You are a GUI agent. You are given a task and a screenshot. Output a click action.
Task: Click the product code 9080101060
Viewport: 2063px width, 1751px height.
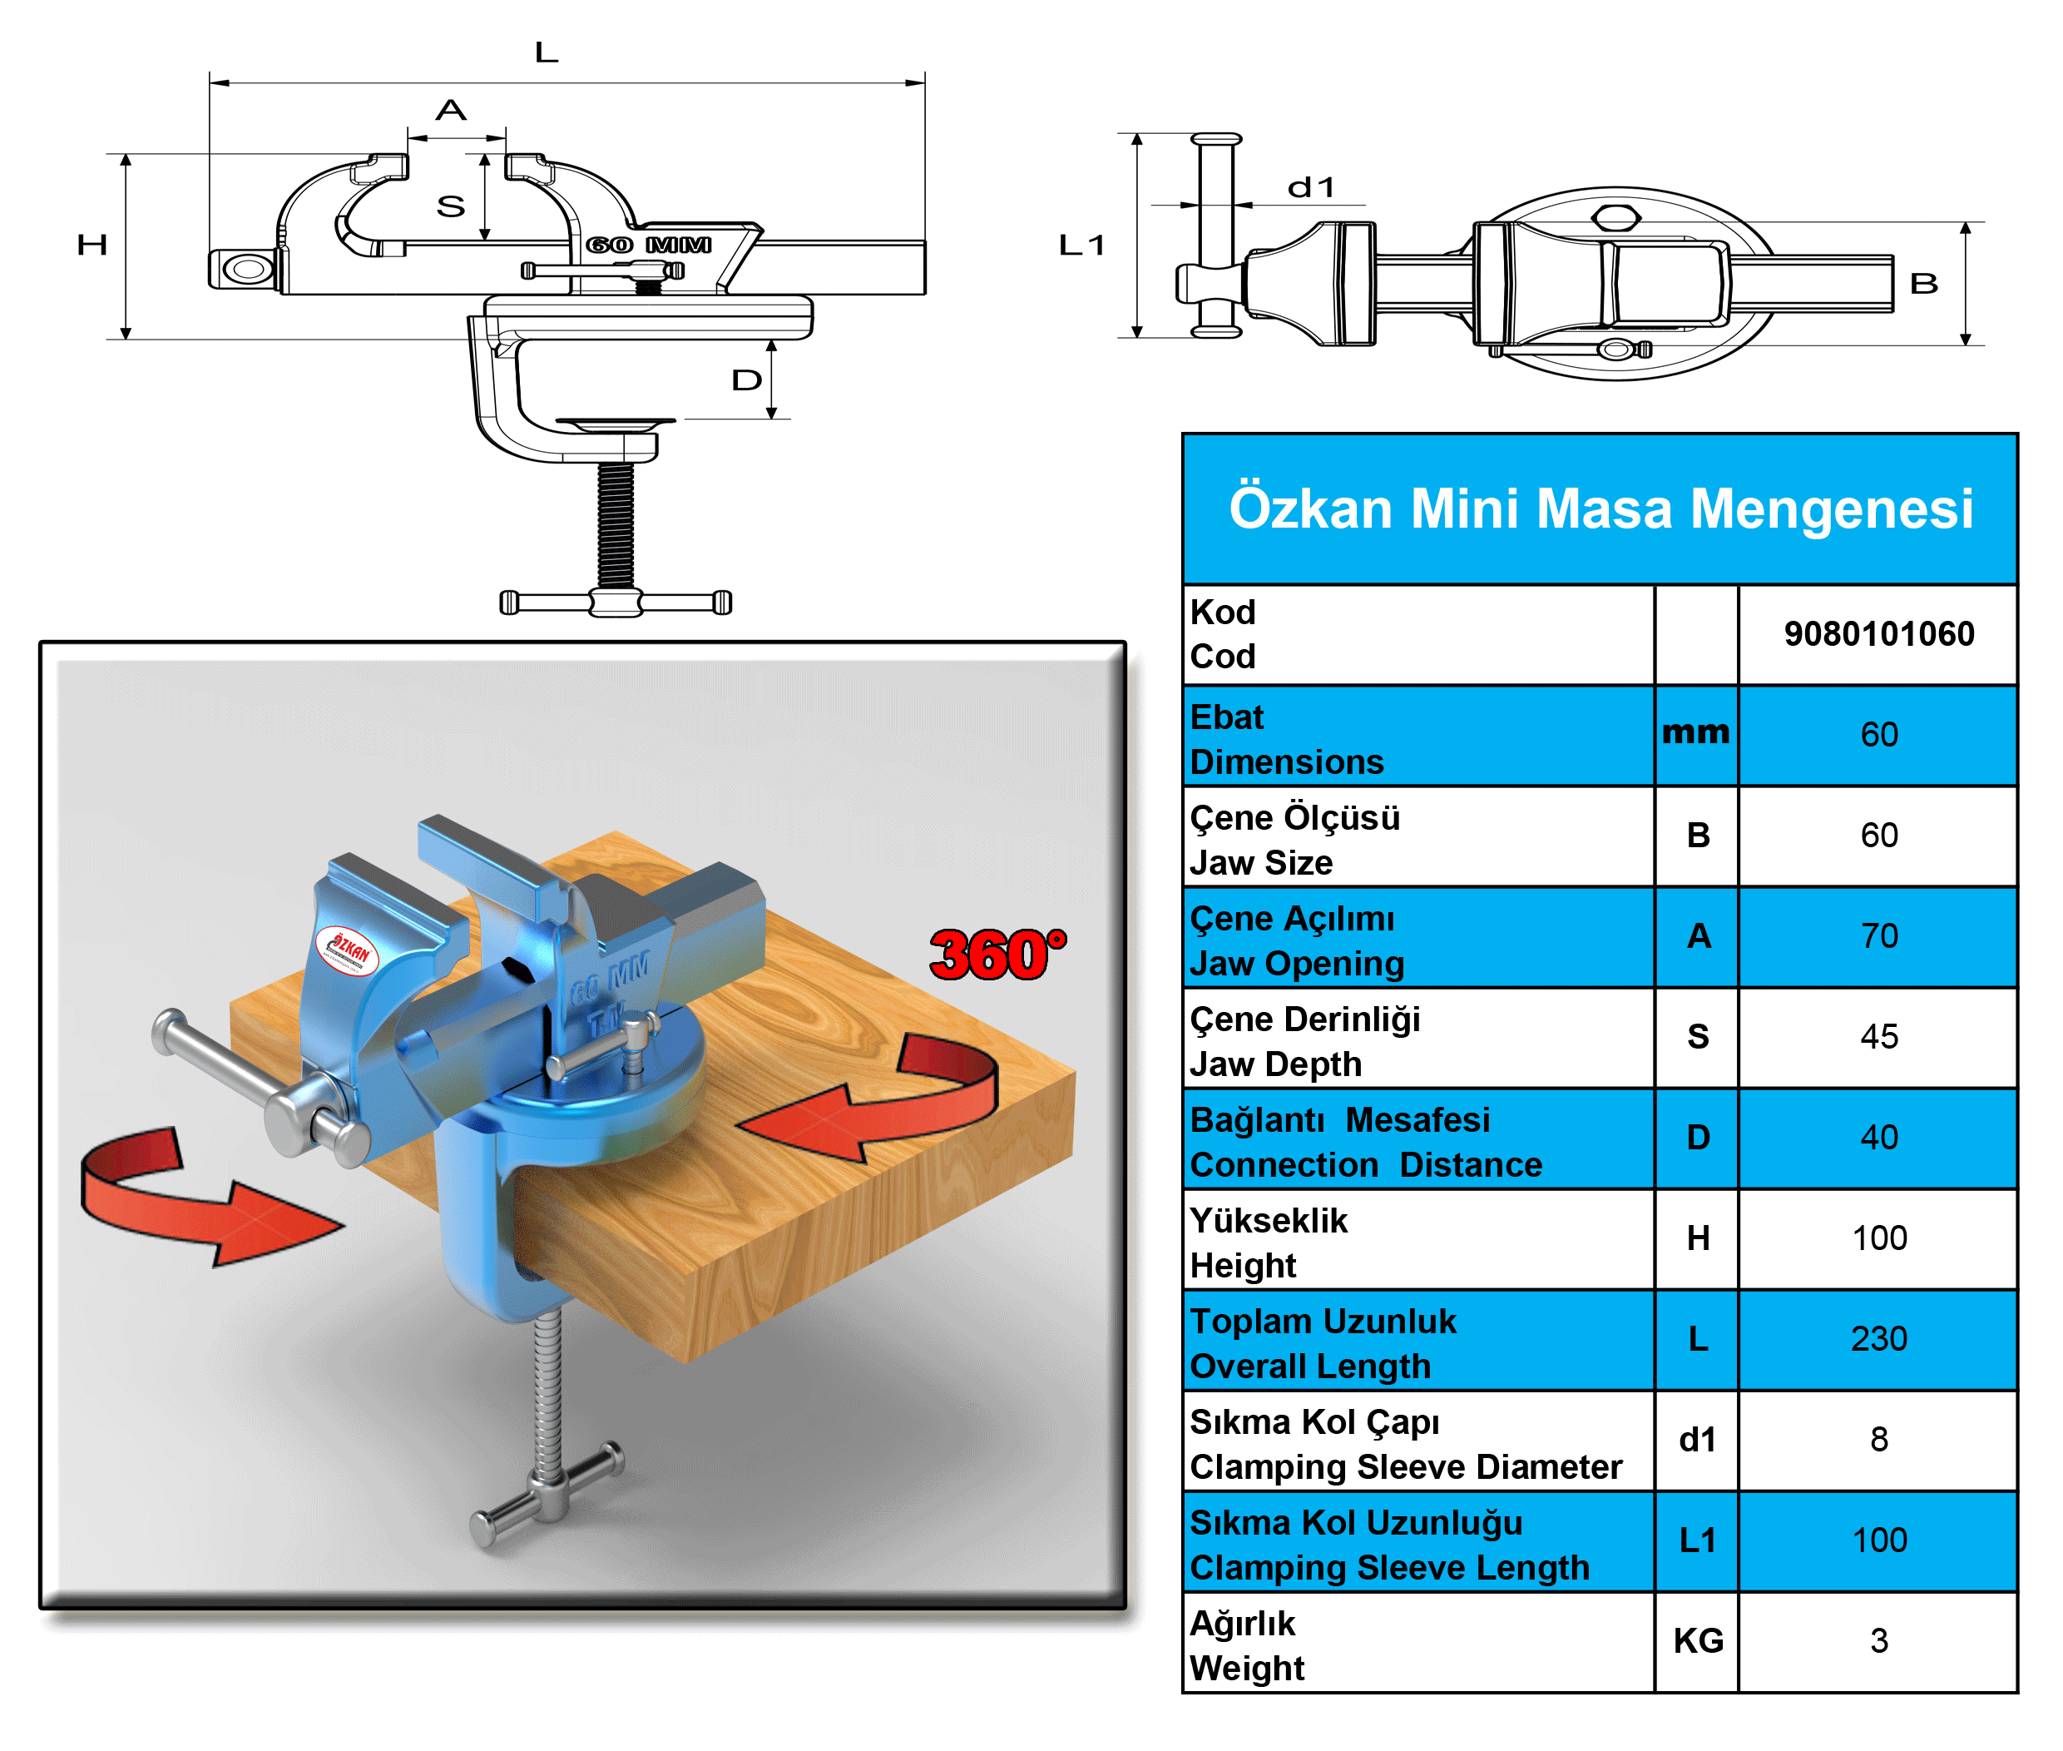click(1877, 633)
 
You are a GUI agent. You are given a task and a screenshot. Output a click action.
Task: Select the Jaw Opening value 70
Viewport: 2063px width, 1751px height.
click(1877, 935)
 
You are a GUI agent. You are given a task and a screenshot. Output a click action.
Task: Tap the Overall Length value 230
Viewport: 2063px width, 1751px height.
click(1877, 1338)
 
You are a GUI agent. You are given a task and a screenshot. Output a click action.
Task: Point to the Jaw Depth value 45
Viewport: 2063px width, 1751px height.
click(1877, 1036)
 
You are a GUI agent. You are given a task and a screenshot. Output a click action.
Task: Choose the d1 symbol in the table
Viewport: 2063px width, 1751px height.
click(1697, 1439)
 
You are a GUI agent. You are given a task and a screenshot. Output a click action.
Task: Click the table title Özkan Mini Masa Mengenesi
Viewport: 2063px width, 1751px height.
click(1600, 508)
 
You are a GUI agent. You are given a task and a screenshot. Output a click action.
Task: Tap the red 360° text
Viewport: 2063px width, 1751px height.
click(997, 955)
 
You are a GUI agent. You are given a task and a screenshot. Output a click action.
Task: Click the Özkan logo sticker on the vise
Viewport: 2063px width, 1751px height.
click(348, 950)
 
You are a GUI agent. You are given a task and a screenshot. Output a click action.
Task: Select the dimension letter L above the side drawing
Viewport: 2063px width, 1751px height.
click(546, 52)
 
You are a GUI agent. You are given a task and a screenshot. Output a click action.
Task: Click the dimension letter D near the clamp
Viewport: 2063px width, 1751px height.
click(746, 380)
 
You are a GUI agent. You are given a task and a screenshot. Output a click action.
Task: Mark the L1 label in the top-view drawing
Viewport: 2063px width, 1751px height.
click(1081, 246)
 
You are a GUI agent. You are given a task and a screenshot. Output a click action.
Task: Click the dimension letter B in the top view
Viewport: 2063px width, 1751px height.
click(1923, 284)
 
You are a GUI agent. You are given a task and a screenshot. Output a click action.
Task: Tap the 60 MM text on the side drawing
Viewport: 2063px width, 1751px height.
click(649, 244)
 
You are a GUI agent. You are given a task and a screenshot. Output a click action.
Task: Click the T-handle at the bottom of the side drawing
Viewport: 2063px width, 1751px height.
click(616, 602)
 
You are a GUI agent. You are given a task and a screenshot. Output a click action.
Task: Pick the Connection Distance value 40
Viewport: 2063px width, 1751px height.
click(1877, 1138)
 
